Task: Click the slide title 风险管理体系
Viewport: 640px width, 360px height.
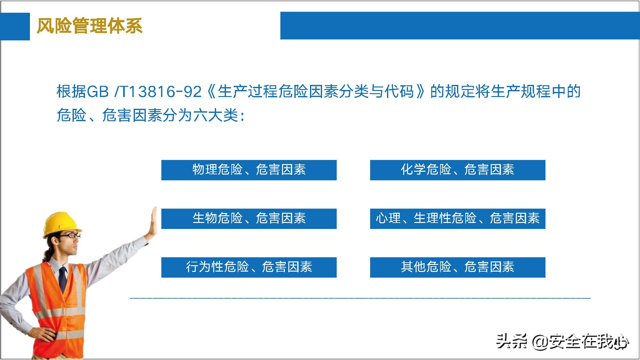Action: [89, 26]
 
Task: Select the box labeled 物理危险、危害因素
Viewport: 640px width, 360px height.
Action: [249, 170]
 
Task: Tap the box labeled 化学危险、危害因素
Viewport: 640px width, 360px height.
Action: [457, 170]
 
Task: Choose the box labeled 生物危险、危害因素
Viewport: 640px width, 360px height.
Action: [249, 218]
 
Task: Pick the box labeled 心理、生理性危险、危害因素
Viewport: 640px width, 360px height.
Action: [457, 218]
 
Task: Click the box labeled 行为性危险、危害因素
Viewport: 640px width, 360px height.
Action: [249, 267]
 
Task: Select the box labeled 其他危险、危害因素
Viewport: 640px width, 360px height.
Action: [457, 267]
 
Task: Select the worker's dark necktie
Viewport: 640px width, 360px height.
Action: [63, 280]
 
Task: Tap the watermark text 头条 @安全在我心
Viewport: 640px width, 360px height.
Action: [562, 342]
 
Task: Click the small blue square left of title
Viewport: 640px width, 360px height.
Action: [15, 26]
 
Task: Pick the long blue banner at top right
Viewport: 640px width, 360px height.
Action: [460, 26]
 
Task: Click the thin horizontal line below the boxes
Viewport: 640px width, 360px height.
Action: [360, 298]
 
